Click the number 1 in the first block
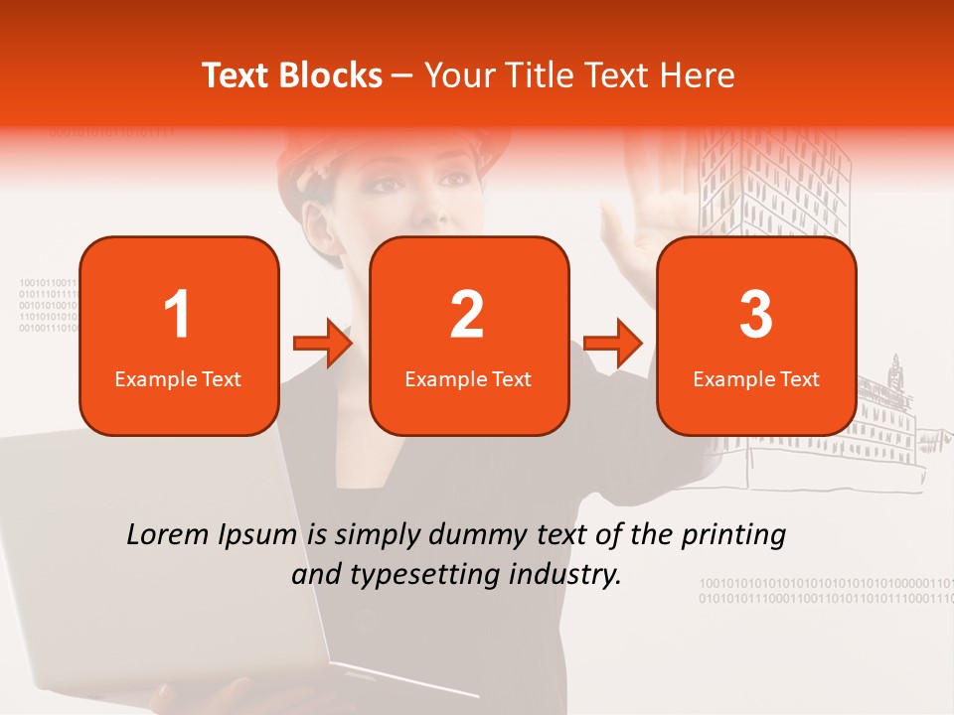177,315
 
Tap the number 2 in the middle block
467,315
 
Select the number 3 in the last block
756,315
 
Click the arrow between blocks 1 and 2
323,344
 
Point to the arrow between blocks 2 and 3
613,344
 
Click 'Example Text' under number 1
178,378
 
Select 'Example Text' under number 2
468,378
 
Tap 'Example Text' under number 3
756,378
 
